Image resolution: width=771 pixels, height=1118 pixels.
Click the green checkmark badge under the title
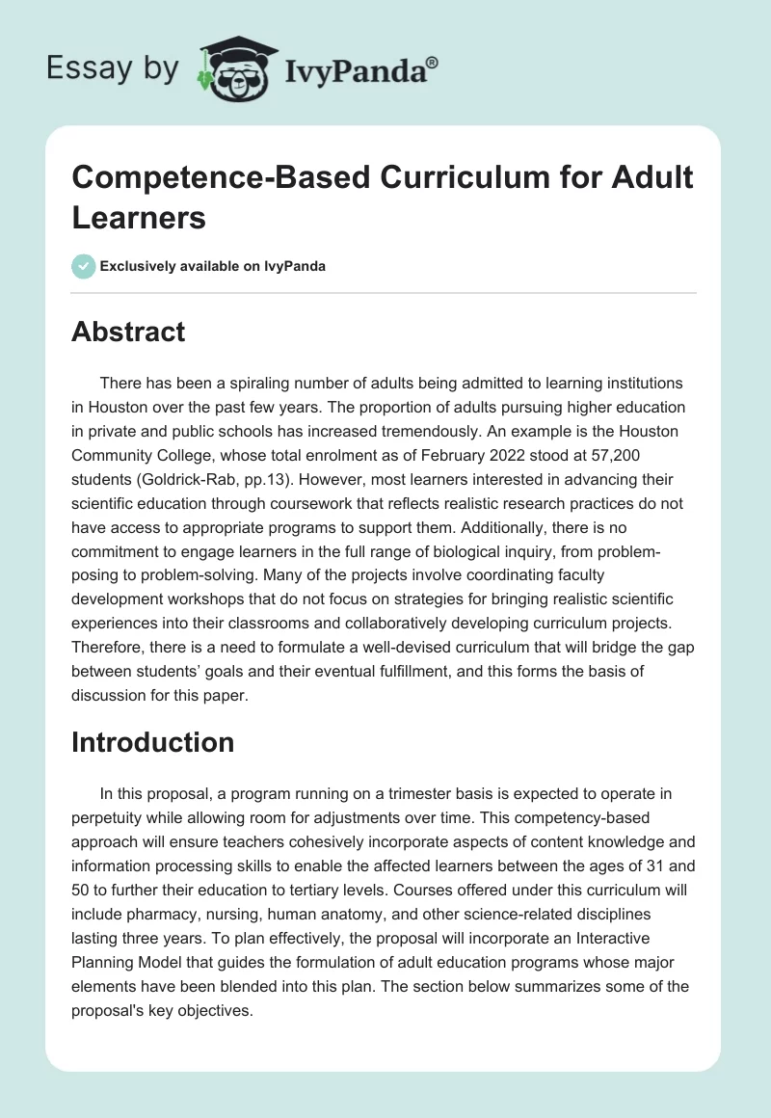click(x=83, y=266)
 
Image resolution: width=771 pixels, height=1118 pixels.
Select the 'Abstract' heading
click(x=128, y=332)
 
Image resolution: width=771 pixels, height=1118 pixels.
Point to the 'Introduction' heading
click(x=152, y=742)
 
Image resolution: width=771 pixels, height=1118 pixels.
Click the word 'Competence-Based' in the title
click(x=199, y=179)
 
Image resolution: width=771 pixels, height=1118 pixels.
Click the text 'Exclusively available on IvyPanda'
click(x=213, y=266)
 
